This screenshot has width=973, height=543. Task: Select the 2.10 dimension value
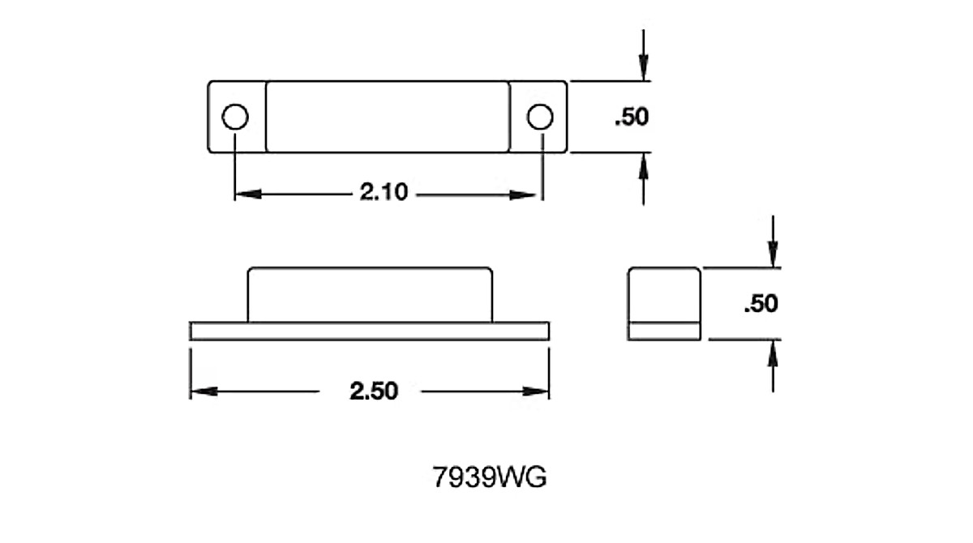coord(384,192)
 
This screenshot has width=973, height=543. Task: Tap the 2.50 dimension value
coord(374,391)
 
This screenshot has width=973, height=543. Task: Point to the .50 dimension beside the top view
coord(632,117)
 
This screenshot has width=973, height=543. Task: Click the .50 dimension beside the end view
coord(761,303)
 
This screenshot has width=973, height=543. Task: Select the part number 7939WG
coord(490,477)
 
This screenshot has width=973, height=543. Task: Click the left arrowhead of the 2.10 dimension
coord(248,194)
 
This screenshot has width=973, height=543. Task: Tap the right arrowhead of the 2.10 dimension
coord(523,195)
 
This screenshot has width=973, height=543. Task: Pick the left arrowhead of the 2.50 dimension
coord(204,391)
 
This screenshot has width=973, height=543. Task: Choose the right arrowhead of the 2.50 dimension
coord(536,391)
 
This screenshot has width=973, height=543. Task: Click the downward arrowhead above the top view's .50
coord(644,67)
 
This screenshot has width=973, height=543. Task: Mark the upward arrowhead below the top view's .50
coord(644,166)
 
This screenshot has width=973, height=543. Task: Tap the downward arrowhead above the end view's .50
coord(773,254)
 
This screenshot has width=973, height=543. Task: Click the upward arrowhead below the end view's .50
coord(773,353)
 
